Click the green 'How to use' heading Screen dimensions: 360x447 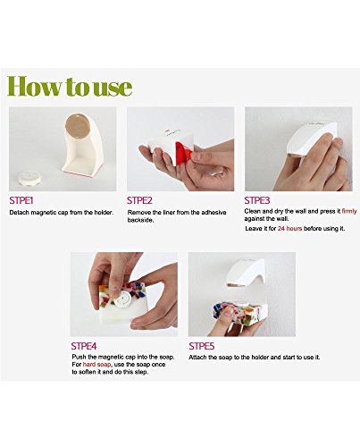pos(70,86)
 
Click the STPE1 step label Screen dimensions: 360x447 pos(21,200)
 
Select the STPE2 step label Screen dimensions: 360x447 pos(139,200)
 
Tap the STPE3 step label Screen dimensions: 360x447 pos(257,200)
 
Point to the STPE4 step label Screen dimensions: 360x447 pos(84,346)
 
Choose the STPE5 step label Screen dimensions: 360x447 pos(202,346)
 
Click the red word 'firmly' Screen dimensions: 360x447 pos(349,211)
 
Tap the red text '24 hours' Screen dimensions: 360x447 pos(289,229)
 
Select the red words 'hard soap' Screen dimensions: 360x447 pos(96,365)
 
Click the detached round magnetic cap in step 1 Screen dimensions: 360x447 pos(27,178)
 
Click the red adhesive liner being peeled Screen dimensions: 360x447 pos(183,152)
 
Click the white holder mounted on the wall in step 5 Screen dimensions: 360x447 pos(246,272)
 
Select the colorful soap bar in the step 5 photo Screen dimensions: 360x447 pos(239,313)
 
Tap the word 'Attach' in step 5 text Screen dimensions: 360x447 pos(197,357)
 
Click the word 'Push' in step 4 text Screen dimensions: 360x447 pos(79,357)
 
